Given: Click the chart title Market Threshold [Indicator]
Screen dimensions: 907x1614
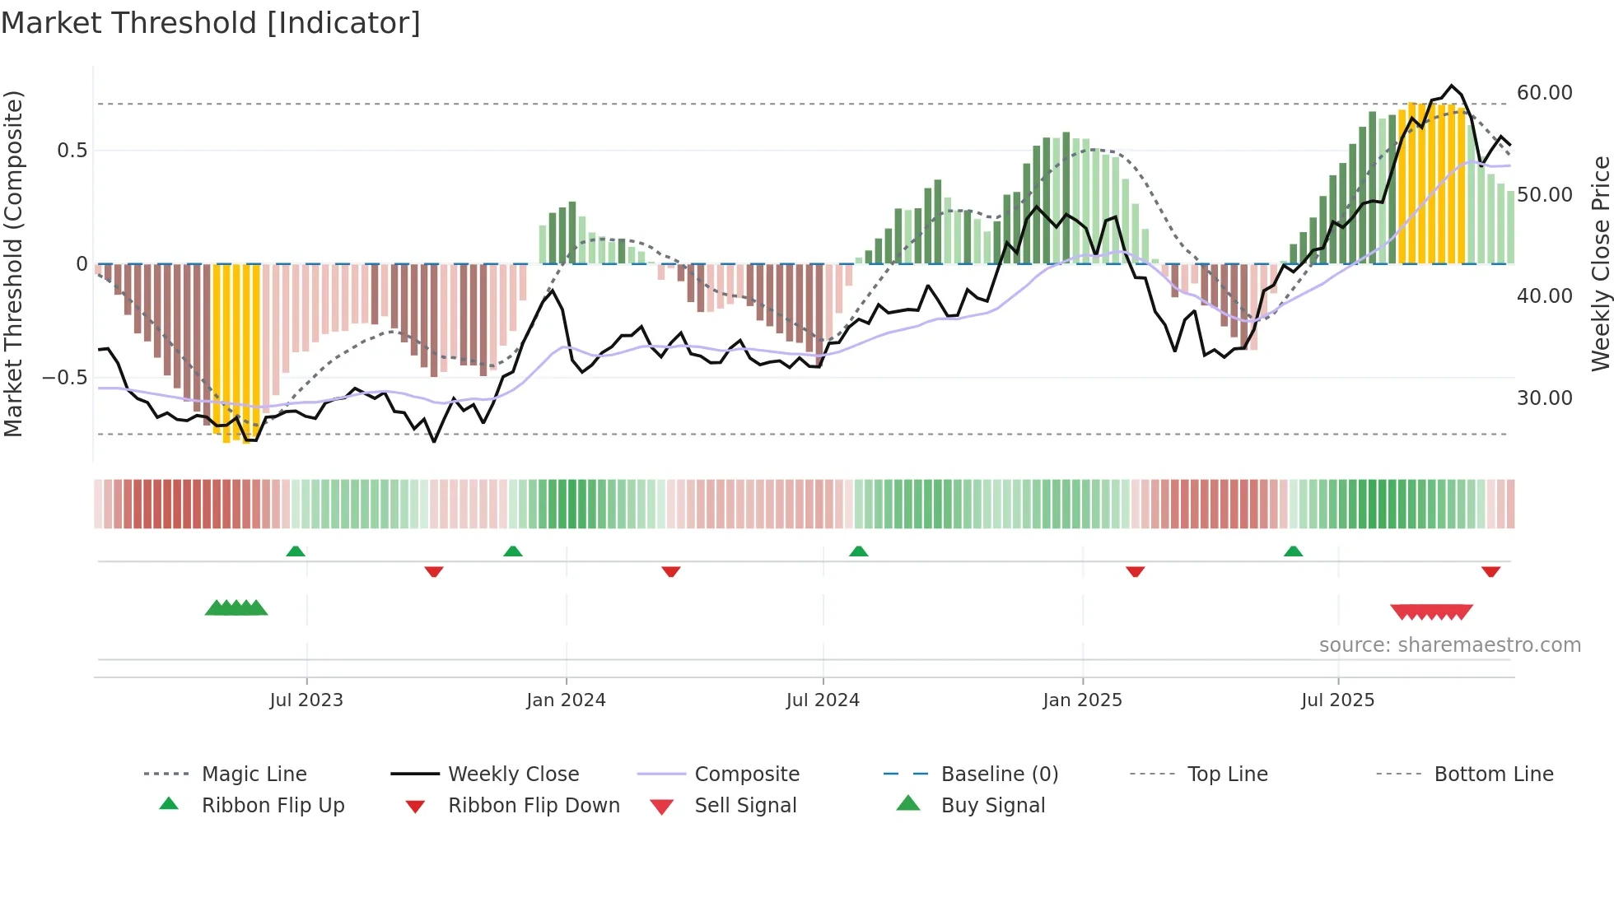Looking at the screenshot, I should (211, 23).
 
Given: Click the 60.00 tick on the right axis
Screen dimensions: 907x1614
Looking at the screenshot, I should (1544, 93).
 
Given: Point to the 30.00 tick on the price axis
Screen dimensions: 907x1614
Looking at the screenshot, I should (1544, 398).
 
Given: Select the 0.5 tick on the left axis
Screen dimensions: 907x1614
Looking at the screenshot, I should (72, 151).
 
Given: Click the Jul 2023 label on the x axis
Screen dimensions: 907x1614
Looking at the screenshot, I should (306, 700).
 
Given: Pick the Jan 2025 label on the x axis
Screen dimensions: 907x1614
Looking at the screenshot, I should (1082, 700).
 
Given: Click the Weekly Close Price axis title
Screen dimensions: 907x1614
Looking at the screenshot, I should (1600, 263).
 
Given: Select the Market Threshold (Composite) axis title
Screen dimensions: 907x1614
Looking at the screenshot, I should (14, 263).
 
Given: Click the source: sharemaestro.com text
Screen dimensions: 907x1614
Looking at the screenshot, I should (1449, 645).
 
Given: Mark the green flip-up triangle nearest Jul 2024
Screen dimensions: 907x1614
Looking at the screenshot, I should (859, 551).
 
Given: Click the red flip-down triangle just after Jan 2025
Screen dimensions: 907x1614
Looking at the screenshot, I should (1136, 571).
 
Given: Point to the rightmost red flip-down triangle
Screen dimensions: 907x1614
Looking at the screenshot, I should (1490, 571).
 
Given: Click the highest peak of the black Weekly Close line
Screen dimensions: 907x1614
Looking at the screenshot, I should (1452, 86).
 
